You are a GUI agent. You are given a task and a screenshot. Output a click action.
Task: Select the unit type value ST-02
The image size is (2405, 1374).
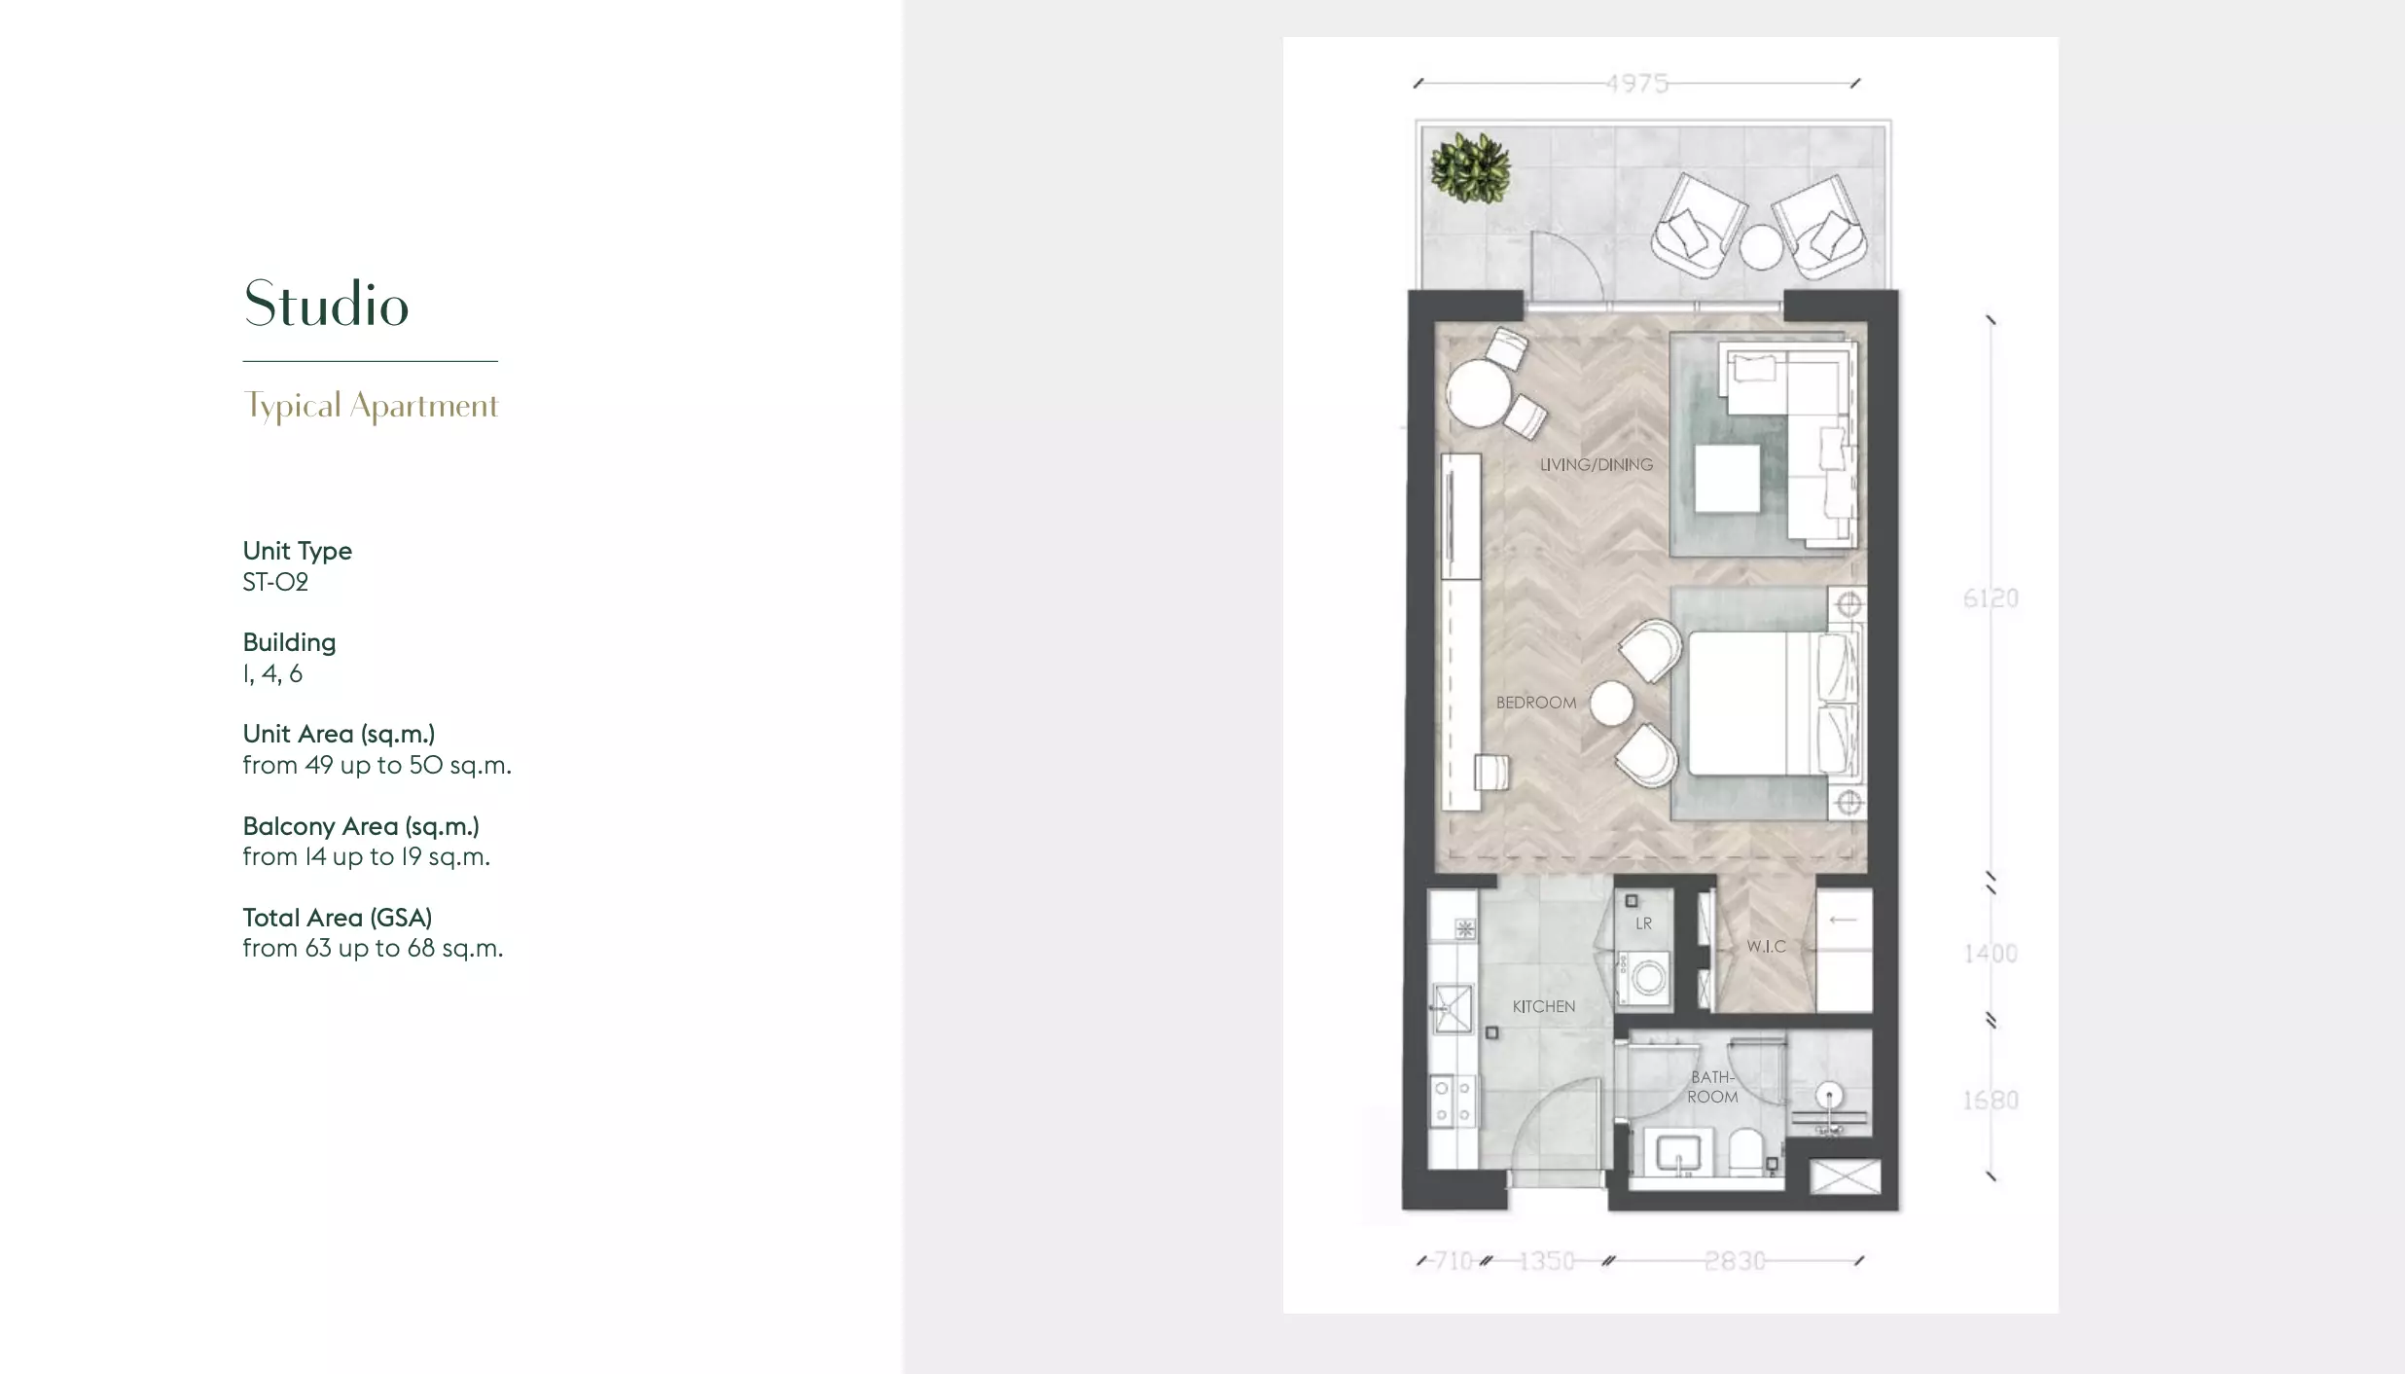tap(275, 582)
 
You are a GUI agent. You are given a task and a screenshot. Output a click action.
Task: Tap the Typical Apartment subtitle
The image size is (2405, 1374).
tap(371, 406)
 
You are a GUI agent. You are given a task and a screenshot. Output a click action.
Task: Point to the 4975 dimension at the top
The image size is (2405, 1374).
tap(1637, 84)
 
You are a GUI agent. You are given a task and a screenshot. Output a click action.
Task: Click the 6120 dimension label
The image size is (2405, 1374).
tap(1991, 598)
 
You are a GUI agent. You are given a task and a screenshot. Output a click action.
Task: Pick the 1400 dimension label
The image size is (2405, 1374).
tap(1991, 954)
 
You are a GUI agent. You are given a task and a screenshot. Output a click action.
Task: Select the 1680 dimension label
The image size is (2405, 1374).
tap(1991, 1101)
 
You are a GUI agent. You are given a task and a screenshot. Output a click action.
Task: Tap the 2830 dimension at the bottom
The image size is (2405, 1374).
tap(1735, 1261)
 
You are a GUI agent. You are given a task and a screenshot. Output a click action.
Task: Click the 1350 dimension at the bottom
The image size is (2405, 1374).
tap(1546, 1261)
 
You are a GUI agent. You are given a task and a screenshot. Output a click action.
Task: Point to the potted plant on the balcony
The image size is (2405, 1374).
tap(1470, 168)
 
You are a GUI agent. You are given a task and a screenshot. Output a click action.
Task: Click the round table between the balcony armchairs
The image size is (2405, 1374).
tap(1761, 247)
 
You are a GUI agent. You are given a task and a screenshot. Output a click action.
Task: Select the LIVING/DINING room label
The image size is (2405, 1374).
tap(1597, 465)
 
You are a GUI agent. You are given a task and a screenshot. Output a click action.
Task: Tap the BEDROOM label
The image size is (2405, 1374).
tap(1536, 703)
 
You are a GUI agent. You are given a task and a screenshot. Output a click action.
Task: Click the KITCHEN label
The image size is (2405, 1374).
tap(1544, 1006)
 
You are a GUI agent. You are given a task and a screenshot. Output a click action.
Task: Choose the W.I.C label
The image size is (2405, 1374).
tap(1766, 946)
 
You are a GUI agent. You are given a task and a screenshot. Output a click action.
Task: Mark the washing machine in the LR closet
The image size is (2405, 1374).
tap(1644, 978)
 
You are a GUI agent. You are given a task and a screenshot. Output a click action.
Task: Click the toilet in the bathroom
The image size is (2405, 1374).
tap(1746, 1151)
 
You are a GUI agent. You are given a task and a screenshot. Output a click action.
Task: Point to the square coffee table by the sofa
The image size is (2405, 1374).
tap(1728, 479)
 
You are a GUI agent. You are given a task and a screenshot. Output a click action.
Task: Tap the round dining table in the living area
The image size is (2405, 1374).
tap(1478, 394)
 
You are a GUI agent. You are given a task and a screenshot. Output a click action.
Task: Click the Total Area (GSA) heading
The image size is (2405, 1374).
tap(338, 918)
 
